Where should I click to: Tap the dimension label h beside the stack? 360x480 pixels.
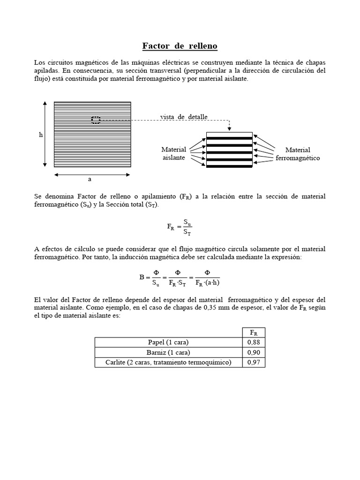click(41, 135)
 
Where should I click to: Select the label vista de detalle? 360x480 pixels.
click(184, 116)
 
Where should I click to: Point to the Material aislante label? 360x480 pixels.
click(173, 153)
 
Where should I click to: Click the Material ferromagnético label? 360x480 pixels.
click(298, 154)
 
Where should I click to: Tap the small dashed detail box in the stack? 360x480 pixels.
click(96, 120)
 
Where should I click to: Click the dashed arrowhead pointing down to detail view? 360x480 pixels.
click(229, 128)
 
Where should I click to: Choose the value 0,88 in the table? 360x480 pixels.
click(253, 342)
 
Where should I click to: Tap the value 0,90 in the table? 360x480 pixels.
click(253, 352)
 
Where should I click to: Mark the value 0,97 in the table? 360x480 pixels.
click(253, 362)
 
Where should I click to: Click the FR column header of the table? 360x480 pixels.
click(253, 332)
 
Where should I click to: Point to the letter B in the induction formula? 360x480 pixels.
click(142, 277)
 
